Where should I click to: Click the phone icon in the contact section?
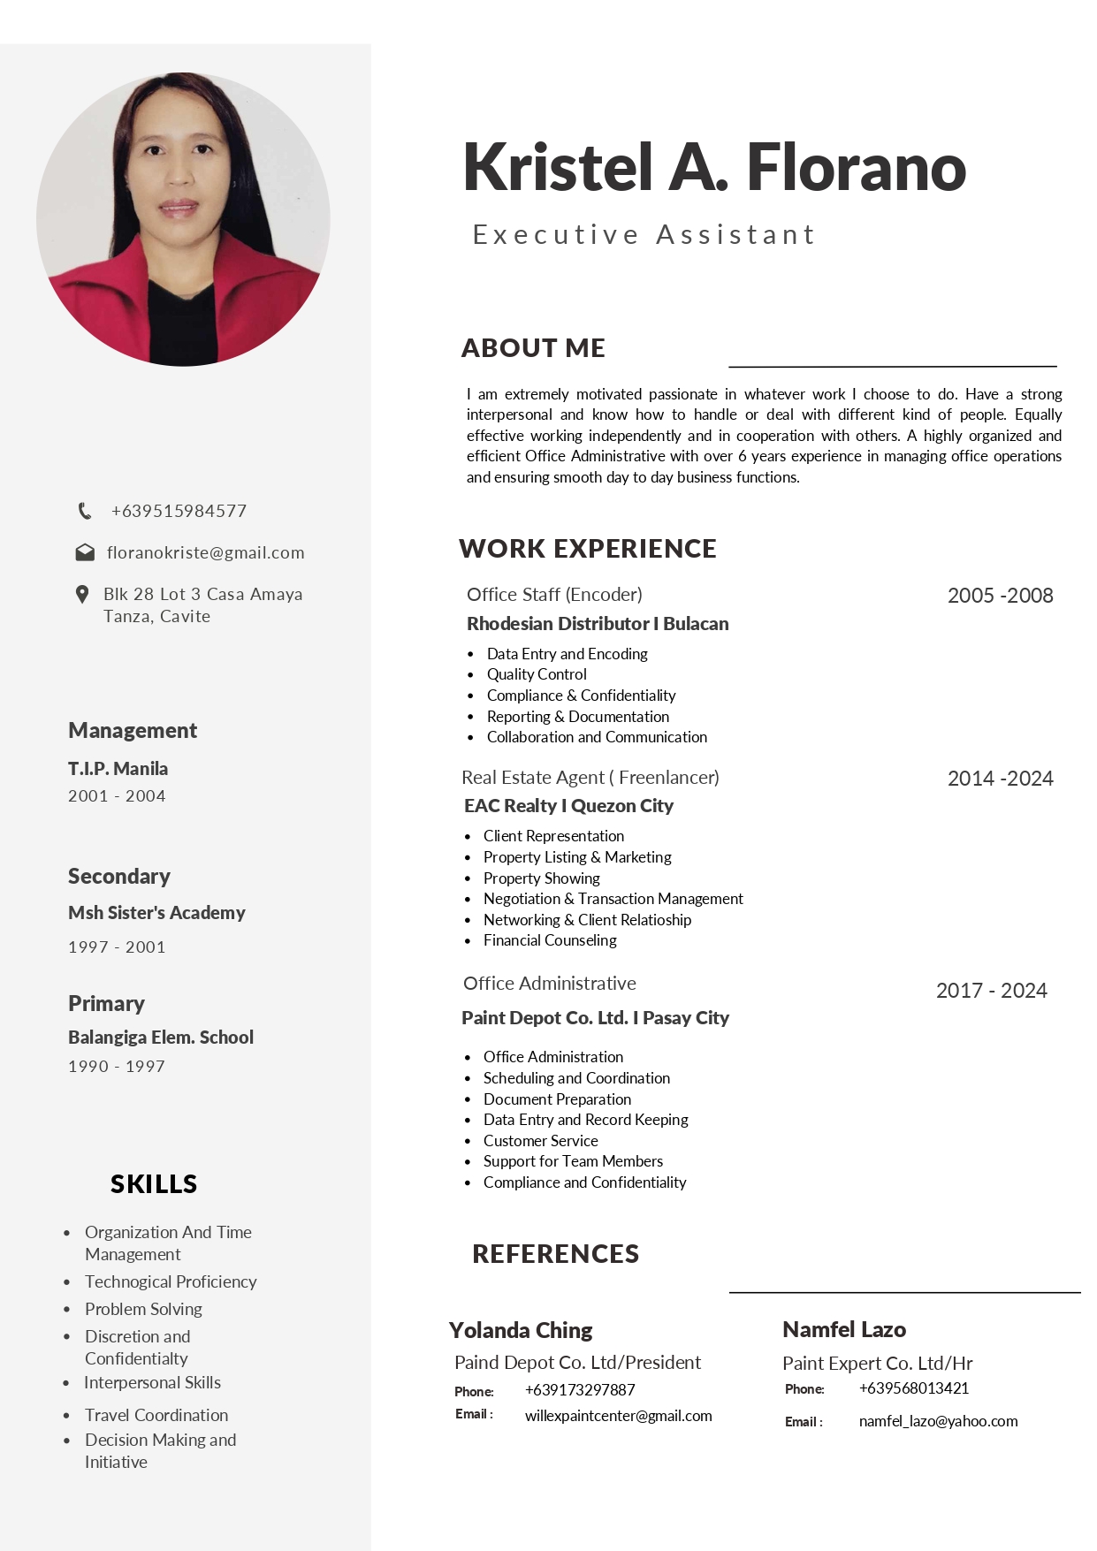pyautogui.click(x=85, y=511)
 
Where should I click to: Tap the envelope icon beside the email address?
pyautogui.click(x=85, y=553)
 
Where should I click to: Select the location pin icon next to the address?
pyautogui.click(x=82, y=595)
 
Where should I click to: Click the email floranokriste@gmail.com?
pyautogui.click(x=205, y=553)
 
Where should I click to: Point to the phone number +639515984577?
pyautogui.click(x=179, y=511)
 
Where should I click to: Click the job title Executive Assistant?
pyautogui.click(x=644, y=235)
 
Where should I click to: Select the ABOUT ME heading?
pyautogui.click(x=533, y=348)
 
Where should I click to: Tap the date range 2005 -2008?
pyautogui.click(x=1000, y=596)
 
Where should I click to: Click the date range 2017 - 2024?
pyautogui.click(x=991, y=991)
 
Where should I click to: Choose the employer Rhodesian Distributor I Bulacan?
pyautogui.click(x=598, y=624)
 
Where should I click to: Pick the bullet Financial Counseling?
pyautogui.click(x=550, y=940)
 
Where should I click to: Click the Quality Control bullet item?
pyautogui.click(x=537, y=674)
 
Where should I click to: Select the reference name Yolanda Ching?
pyautogui.click(x=521, y=1330)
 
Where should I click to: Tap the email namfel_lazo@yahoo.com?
pyautogui.click(x=938, y=1421)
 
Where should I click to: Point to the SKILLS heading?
pyautogui.click(x=154, y=1184)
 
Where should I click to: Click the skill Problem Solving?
pyautogui.click(x=143, y=1309)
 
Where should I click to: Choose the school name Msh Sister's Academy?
pyautogui.click(x=156, y=913)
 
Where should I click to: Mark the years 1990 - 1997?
pyautogui.click(x=117, y=1067)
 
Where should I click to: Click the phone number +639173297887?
pyautogui.click(x=580, y=1390)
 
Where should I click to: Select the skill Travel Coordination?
pyautogui.click(x=156, y=1415)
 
